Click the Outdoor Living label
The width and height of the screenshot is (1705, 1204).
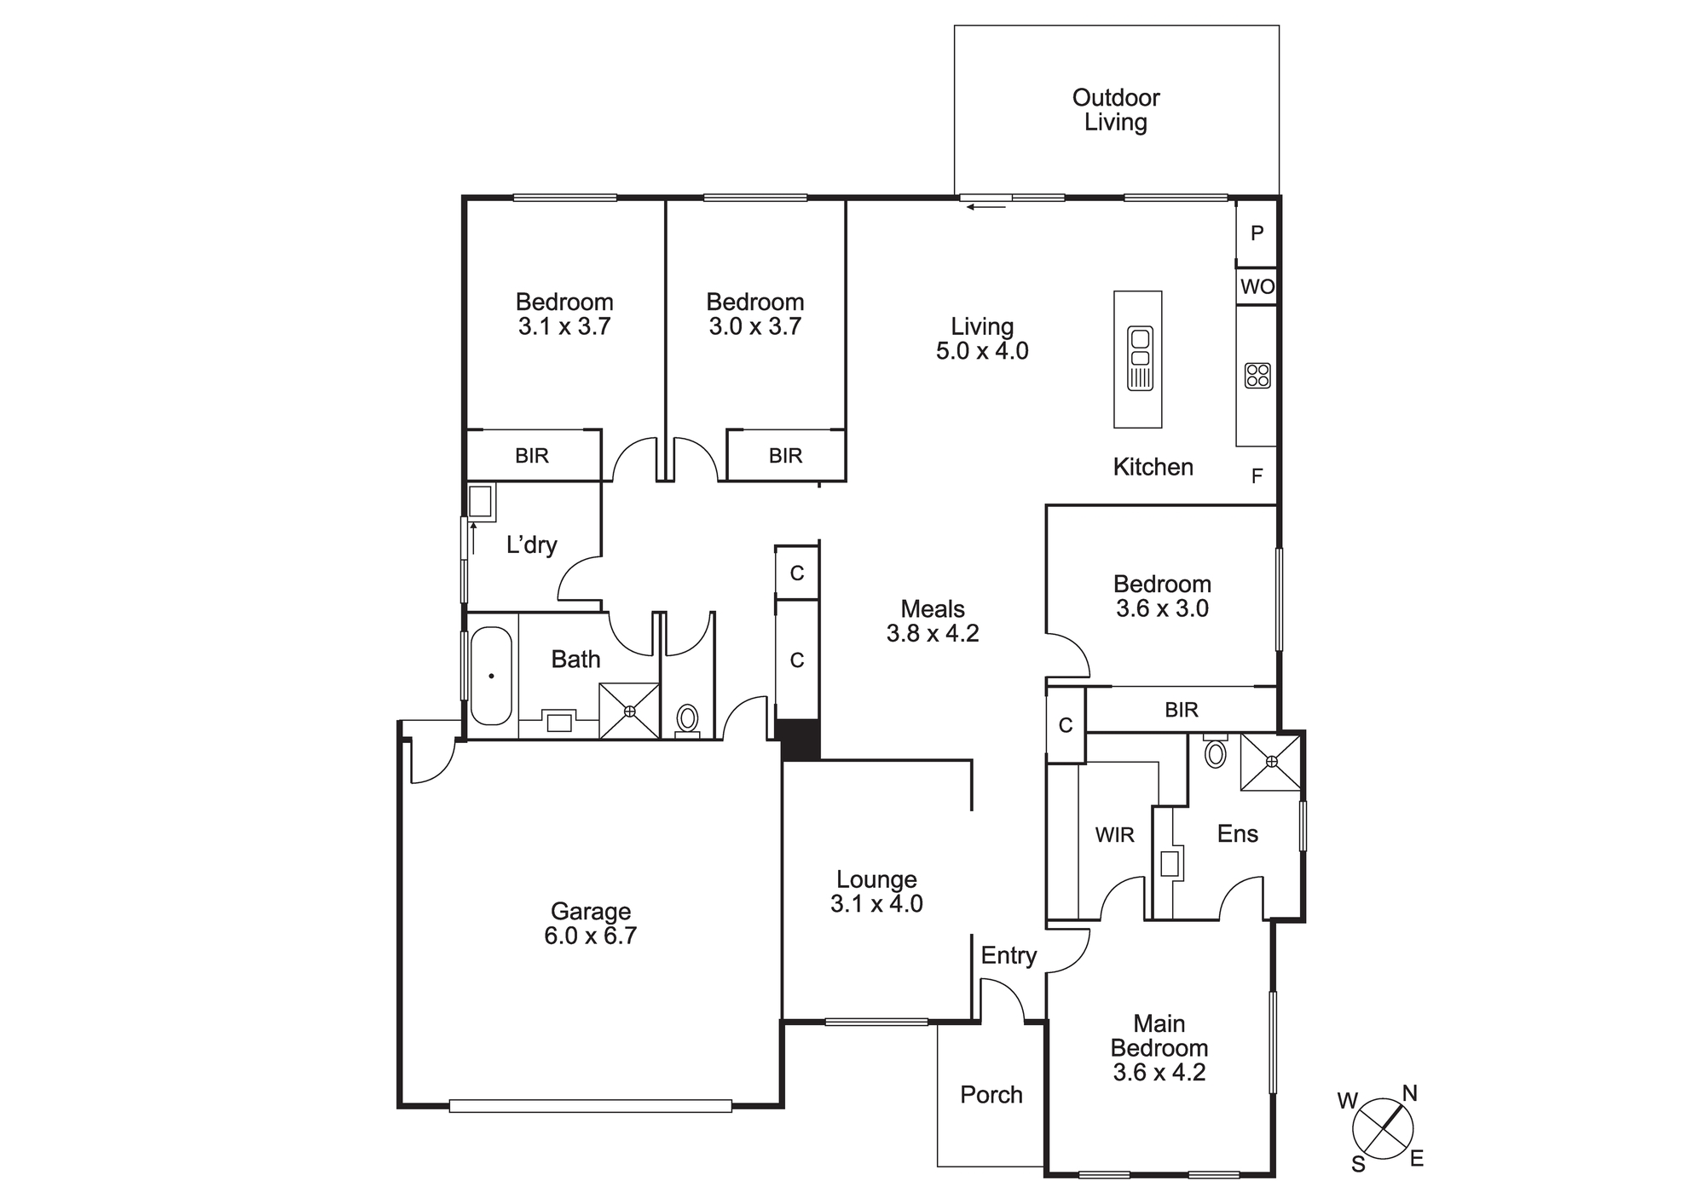[x=1116, y=110]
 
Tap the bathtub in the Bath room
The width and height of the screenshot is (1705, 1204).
[x=491, y=676]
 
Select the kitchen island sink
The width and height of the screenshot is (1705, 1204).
[x=1140, y=359]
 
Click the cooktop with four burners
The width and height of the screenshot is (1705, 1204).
[x=1257, y=376]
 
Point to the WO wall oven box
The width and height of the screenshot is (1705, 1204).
[x=1257, y=286]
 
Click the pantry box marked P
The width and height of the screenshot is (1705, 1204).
[x=1257, y=233]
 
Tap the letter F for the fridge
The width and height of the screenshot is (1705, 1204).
[x=1257, y=476]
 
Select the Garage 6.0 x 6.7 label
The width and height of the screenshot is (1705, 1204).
[x=591, y=924]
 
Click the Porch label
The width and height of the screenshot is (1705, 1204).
[x=991, y=1095]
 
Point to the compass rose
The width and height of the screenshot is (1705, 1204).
[x=1383, y=1129]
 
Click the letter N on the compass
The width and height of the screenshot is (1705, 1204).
[x=1410, y=1093]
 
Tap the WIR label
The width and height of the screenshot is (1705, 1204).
[x=1115, y=835]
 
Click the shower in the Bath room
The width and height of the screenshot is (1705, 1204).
[x=629, y=711]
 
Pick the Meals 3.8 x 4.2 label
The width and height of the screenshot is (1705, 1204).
[x=933, y=621]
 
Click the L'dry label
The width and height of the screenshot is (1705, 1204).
[x=532, y=544]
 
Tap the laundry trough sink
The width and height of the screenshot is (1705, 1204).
[x=482, y=502]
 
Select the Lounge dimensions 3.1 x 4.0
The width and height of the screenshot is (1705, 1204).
[x=876, y=904]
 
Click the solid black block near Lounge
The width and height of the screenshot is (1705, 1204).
[x=800, y=740]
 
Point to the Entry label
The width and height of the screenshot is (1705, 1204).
[x=1009, y=956]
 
